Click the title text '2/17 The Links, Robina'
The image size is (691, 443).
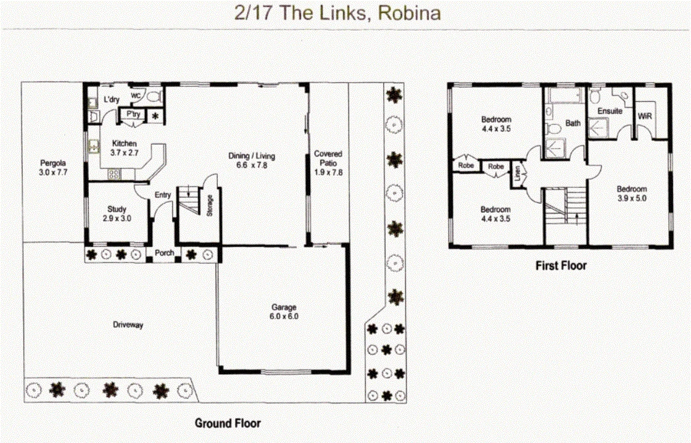(x=338, y=14)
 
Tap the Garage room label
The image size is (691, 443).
(x=284, y=307)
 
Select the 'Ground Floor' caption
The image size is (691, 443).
(x=228, y=423)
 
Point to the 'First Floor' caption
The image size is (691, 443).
(x=561, y=266)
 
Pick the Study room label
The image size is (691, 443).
(x=117, y=209)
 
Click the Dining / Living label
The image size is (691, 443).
(x=252, y=156)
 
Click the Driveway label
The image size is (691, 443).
(x=128, y=325)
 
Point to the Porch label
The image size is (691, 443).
(x=163, y=253)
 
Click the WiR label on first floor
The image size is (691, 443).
(x=645, y=116)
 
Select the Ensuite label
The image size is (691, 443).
(x=610, y=112)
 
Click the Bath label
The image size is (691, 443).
(x=573, y=123)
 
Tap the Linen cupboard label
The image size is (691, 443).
(x=517, y=172)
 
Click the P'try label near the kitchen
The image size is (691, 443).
(x=133, y=114)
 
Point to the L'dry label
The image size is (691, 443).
(x=112, y=99)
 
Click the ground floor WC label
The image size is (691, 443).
(x=136, y=96)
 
